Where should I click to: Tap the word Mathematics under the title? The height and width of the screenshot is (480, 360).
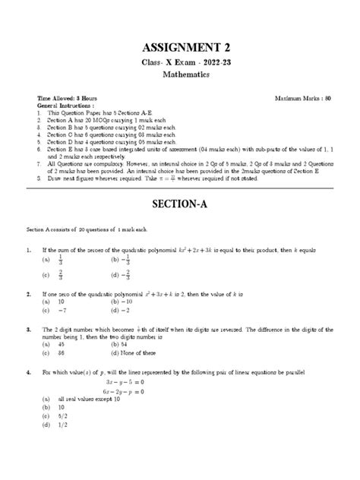pyautogui.click(x=180, y=76)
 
